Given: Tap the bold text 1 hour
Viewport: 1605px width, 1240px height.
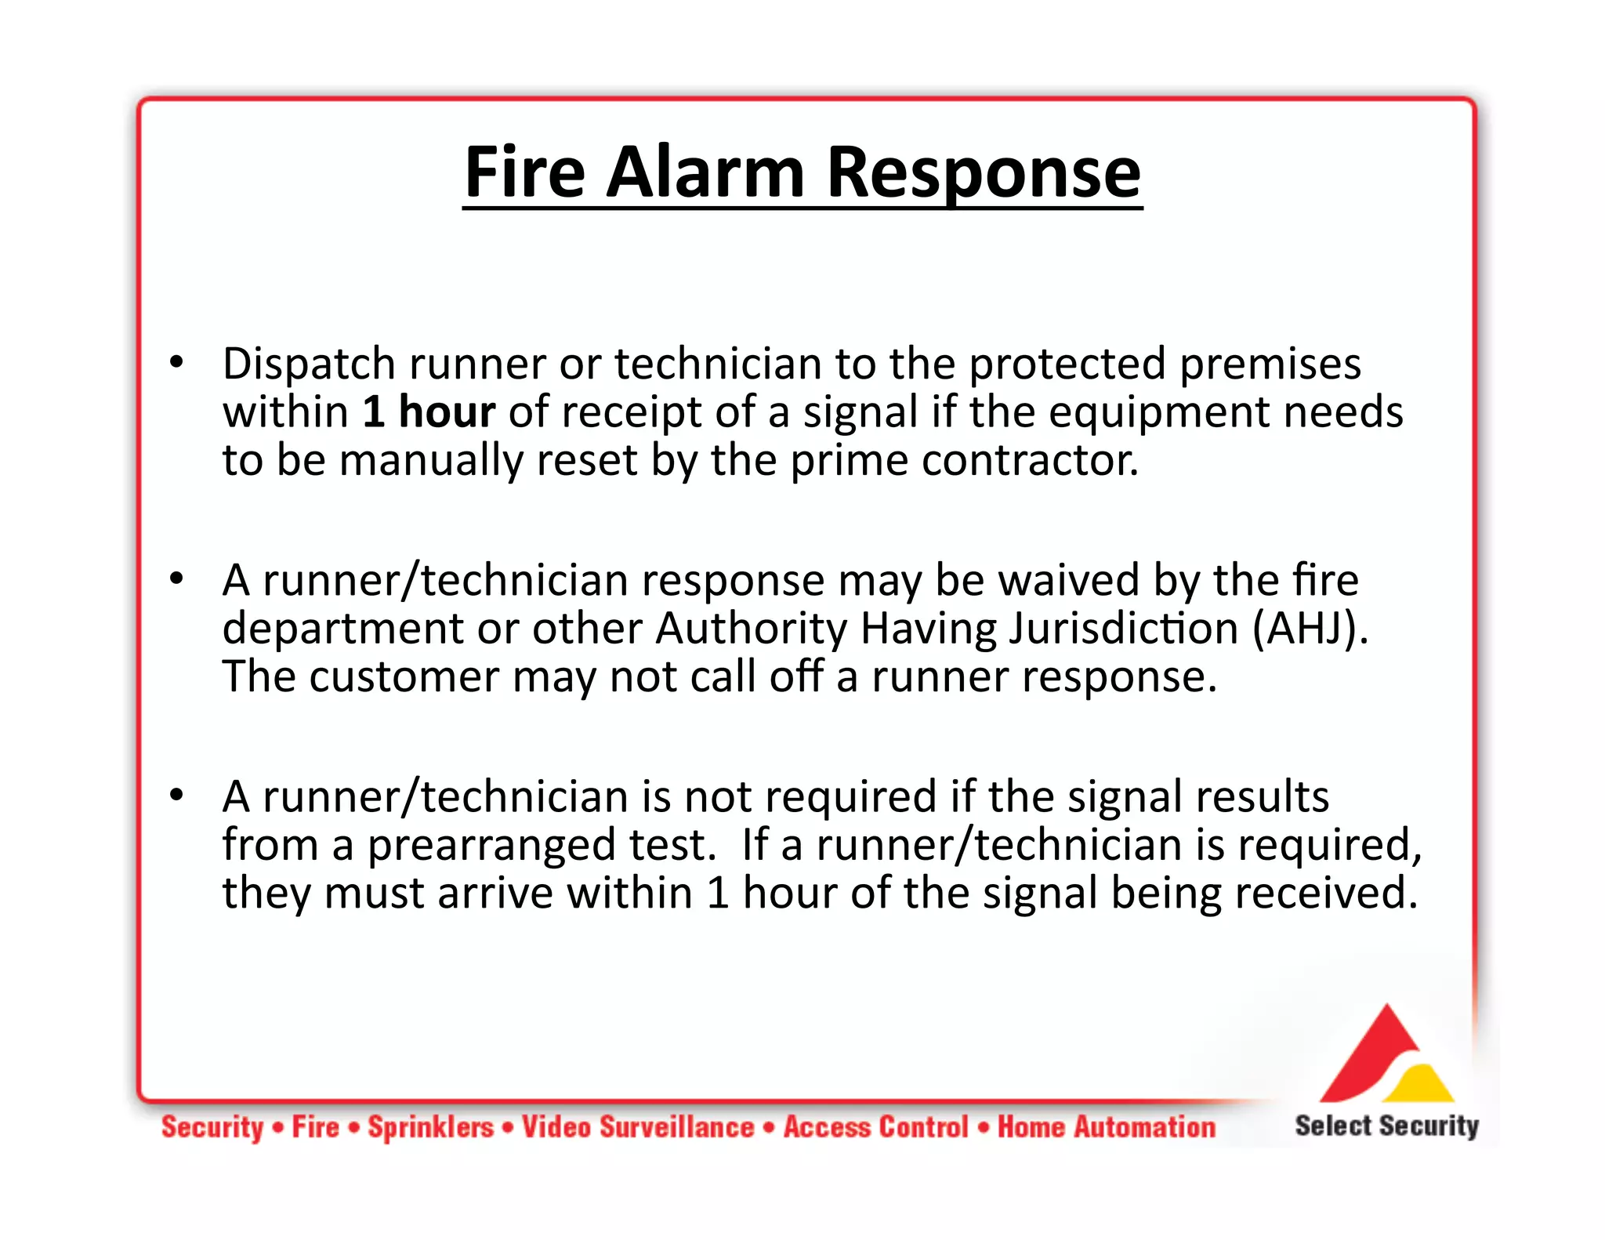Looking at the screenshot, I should (x=429, y=412).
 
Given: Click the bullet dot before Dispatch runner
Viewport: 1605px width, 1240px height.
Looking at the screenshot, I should (x=176, y=363).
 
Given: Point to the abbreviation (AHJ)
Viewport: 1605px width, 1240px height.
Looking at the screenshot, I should (x=1310, y=629).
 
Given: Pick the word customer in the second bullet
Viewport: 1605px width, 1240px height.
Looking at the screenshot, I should (x=404, y=676).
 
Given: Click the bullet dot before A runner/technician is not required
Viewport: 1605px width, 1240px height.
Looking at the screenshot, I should (x=176, y=796).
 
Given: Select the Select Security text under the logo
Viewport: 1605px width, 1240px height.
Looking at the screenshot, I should (x=1386, y=1126).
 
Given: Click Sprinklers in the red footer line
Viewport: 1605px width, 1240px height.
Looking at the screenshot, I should (x=431, y=1127).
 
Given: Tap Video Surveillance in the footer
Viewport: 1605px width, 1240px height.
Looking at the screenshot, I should (x=638, y=1127).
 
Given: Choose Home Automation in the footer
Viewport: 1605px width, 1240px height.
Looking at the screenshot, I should (x=1106, y=1127).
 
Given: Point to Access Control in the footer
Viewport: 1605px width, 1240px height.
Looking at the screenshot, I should (x=876, y=1127).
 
